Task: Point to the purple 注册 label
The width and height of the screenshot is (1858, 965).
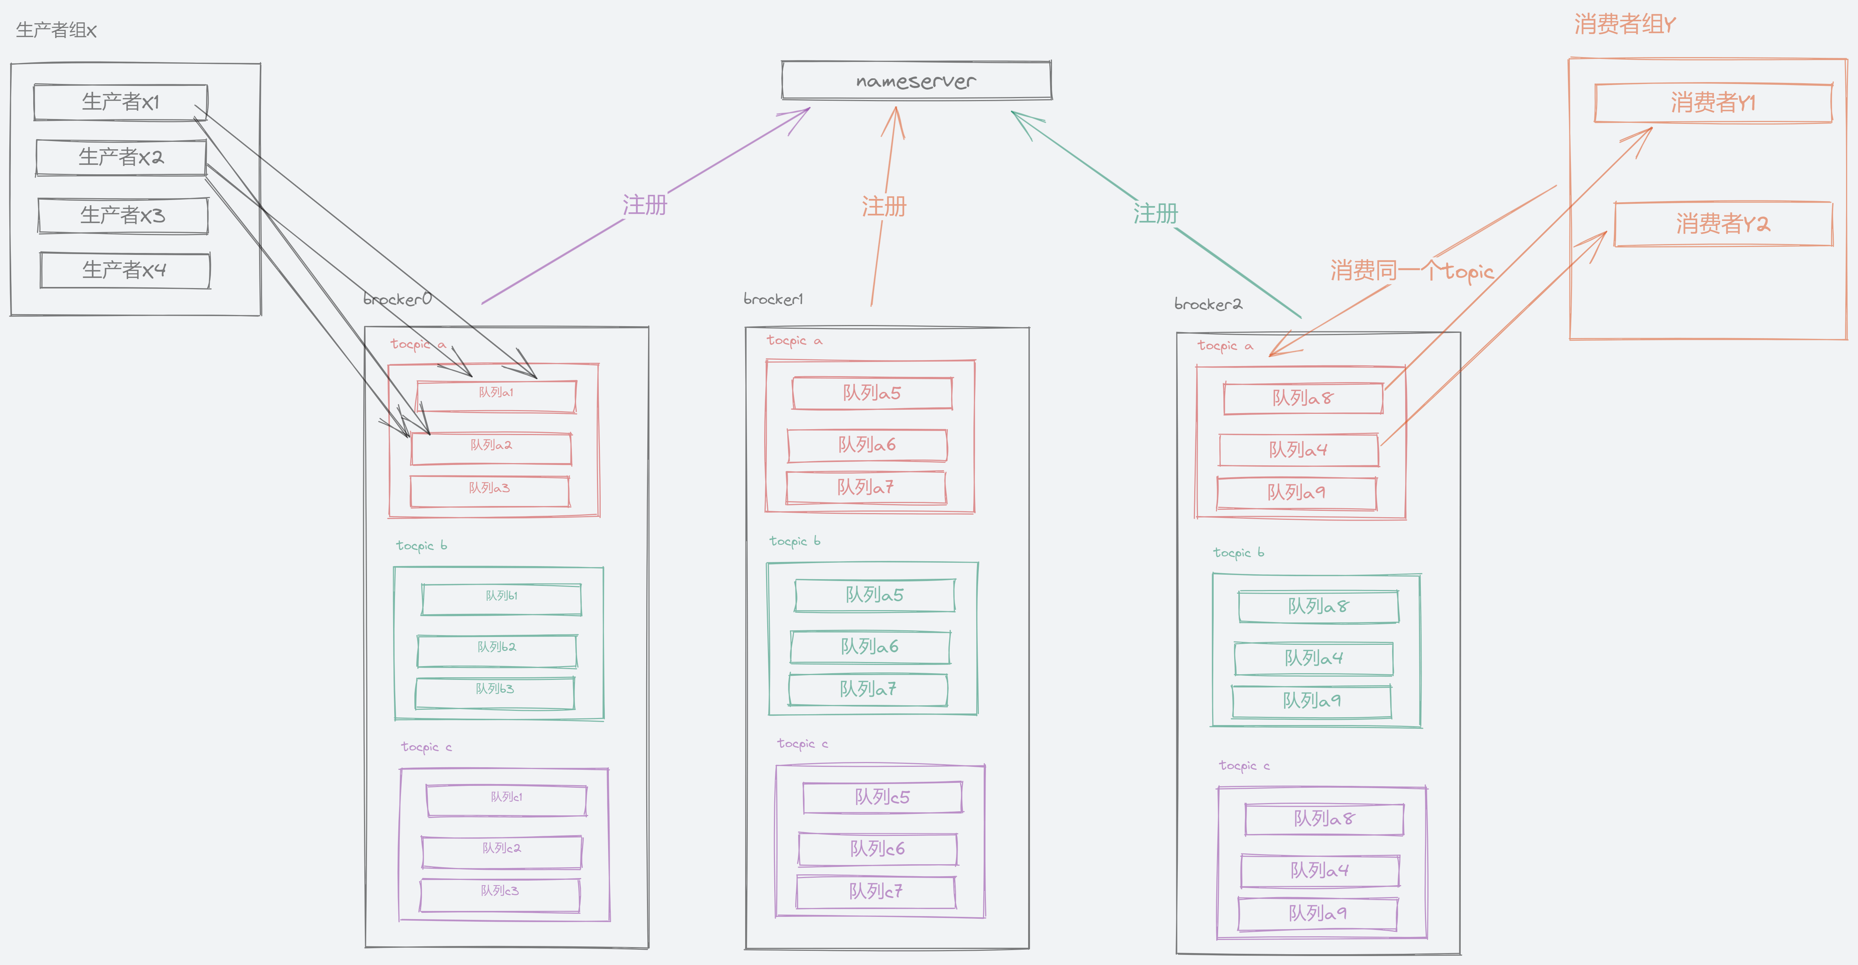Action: [x=645, y=205]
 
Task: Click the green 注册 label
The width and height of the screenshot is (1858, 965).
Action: [x=1155, y=213]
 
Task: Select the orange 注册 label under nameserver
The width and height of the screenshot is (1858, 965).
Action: [x=884, y=207]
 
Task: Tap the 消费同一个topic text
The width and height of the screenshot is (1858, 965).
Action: [x=1412, y=271]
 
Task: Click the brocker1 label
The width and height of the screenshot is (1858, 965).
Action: [x=773, y=299]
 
